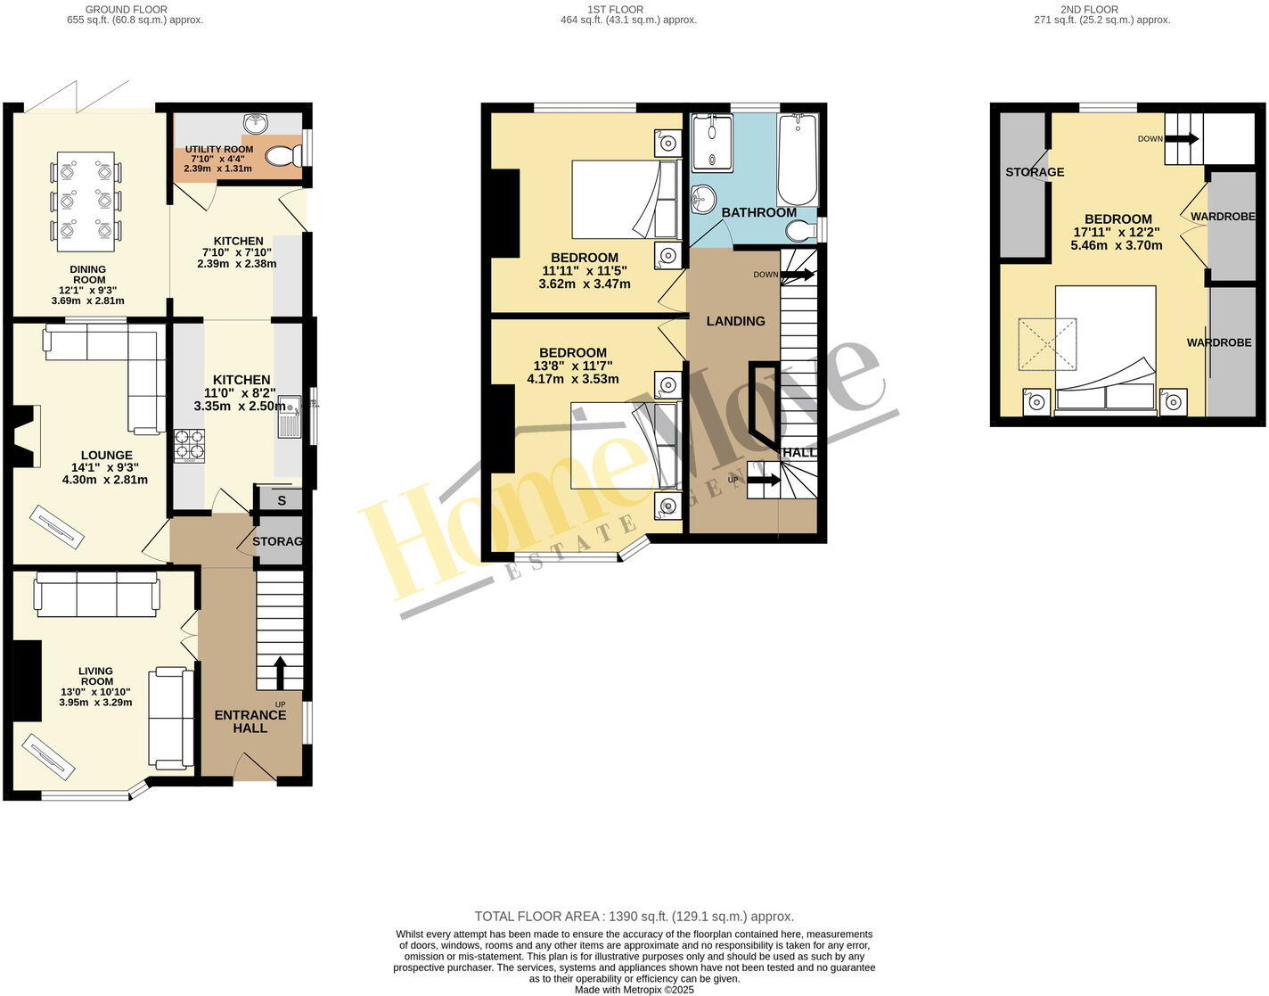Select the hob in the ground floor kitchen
(190, 447)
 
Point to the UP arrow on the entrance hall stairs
(280, 673)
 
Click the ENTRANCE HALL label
(250, 721)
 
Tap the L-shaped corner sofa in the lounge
(116, 366)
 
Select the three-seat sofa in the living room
(96, 595)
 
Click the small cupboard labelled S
(282, 500)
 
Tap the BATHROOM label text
(758, 212)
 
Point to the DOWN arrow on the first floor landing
(797, 275)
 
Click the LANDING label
(735, 321)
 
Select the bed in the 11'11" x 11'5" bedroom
(626, 200)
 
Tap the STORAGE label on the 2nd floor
(1034, 172)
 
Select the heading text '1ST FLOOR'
(615, 10)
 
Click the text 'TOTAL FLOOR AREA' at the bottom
(537, 917)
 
